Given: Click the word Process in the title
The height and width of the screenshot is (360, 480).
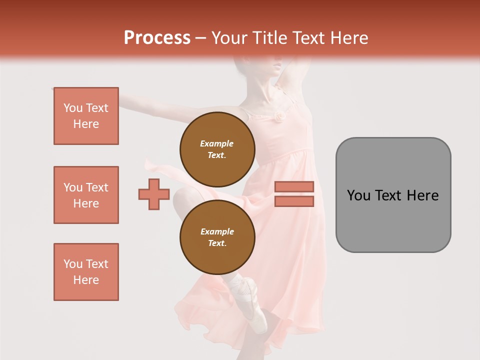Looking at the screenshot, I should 157,37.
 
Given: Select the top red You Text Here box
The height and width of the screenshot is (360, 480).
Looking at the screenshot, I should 86,116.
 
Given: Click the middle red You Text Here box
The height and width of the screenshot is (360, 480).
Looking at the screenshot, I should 86,195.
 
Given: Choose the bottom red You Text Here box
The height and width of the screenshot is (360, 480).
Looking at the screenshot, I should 86,272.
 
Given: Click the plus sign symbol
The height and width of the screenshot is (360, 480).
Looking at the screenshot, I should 154,194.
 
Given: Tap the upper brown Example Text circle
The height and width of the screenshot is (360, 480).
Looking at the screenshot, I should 217,149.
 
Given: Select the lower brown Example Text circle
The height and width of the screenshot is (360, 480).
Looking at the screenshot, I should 217,237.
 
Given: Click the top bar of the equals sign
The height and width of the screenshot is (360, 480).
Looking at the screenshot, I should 294,186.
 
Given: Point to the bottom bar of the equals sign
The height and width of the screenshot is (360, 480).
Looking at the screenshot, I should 294,201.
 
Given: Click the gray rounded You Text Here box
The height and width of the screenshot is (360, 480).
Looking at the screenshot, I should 393,195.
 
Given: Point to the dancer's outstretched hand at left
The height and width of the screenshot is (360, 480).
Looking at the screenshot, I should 56,89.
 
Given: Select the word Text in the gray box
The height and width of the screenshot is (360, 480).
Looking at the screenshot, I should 388,195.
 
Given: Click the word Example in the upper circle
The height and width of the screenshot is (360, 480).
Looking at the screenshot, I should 217,143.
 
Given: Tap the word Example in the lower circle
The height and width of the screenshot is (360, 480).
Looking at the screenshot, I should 217,231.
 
